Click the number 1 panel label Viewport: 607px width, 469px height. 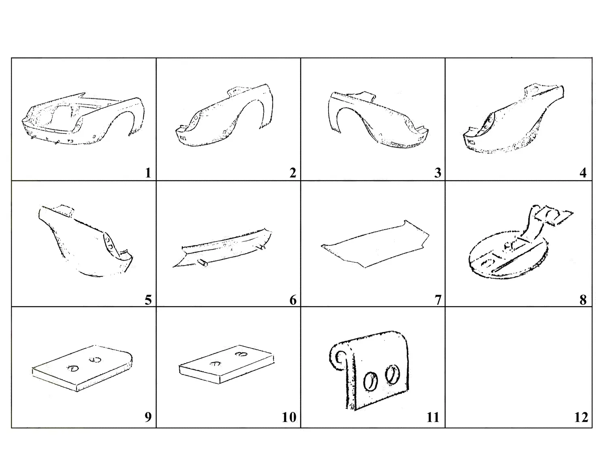(148, 173)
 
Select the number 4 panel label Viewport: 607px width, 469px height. (583, 173)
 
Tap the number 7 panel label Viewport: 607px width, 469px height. (438, 300)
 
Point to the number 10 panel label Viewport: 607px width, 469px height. (289, 417)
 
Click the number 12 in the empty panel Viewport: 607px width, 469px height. (581, 417)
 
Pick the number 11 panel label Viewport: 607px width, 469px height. (433, 417)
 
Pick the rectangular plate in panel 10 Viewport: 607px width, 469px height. (226, 364)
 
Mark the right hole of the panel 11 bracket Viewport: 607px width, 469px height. (393, 375)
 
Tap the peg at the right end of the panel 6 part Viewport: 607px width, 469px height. (262, 247)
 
